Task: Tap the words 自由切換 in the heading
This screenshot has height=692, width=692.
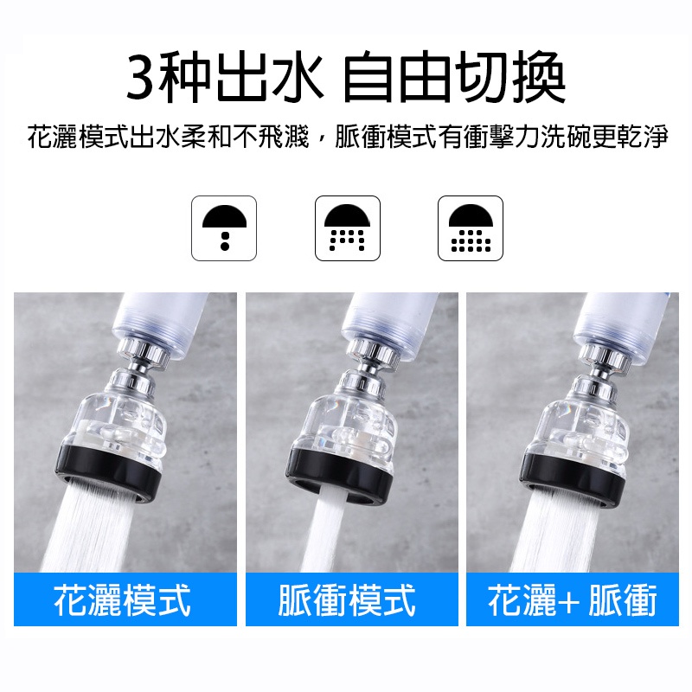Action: [454, 78]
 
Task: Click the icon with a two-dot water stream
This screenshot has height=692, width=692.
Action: [224, 228]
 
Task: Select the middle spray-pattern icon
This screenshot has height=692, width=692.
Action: [348, 228]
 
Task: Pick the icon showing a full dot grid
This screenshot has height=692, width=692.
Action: [471, 228]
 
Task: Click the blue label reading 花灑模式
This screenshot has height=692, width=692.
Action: [125, 599]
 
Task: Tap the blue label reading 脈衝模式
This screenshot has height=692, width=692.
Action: [352, 599]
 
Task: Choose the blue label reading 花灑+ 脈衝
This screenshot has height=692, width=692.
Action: [573, 599]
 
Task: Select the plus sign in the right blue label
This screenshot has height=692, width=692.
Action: [571, 601]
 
